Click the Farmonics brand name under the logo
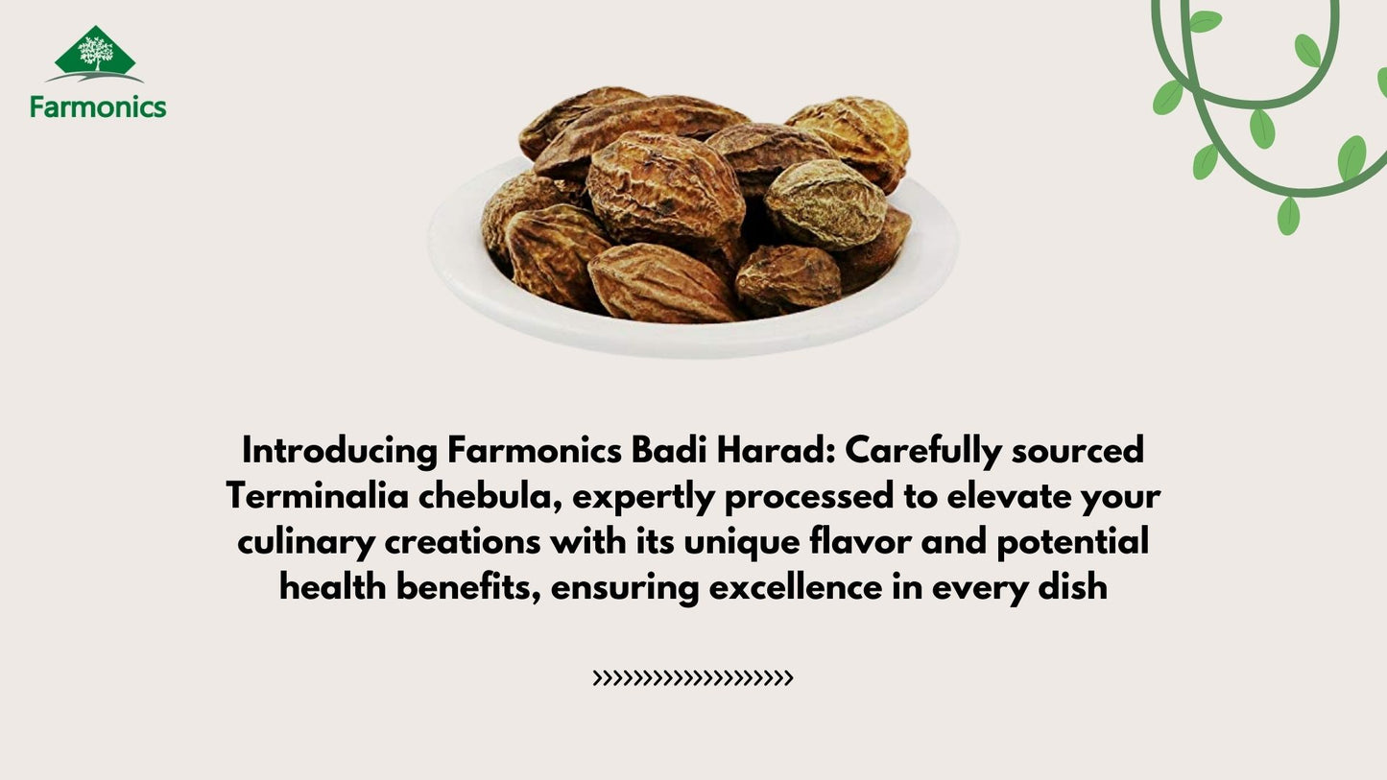point(98,106)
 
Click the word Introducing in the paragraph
point(340,451)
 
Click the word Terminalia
point(317,496)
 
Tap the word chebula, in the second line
point(490,496)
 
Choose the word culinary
point(306,542)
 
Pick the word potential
point(1073,542)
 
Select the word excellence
point(795,587)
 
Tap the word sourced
point(1077,451)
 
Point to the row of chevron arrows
point(693,678)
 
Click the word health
point(333,587)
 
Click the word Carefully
point(923,451)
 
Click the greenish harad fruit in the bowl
point(825,203)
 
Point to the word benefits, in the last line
point(468,587)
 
